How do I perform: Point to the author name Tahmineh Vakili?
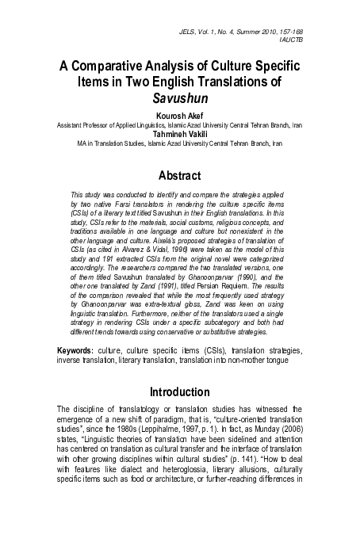click(x=180, y=134)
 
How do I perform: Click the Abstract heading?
click(x=180, y=175)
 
